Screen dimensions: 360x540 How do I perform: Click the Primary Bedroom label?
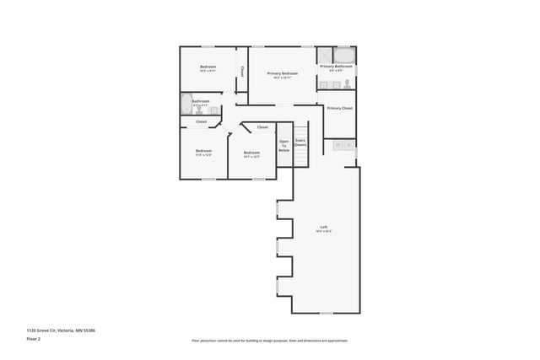point(283,74)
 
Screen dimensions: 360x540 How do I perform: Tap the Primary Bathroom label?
point(336,67)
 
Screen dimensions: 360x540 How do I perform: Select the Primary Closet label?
point(340,109)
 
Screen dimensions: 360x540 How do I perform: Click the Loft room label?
point(323,227)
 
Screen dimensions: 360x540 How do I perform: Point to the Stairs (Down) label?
point(300,142)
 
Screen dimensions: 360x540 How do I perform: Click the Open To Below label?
point(284,145)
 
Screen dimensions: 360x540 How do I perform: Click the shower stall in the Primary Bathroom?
point(325,53)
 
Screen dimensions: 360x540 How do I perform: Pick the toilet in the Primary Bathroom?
point(348,83)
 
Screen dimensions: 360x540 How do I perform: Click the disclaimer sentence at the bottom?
point(269,341)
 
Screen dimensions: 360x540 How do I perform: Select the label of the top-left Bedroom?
point(208,67)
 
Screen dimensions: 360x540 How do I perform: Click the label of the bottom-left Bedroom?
point(203,151)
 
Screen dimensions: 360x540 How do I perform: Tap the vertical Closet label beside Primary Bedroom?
point(242,71)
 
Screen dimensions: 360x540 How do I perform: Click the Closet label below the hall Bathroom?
point(202,122)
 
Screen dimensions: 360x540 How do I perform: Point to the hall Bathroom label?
point(201,101)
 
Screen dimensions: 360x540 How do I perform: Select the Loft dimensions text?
point(323,231)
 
